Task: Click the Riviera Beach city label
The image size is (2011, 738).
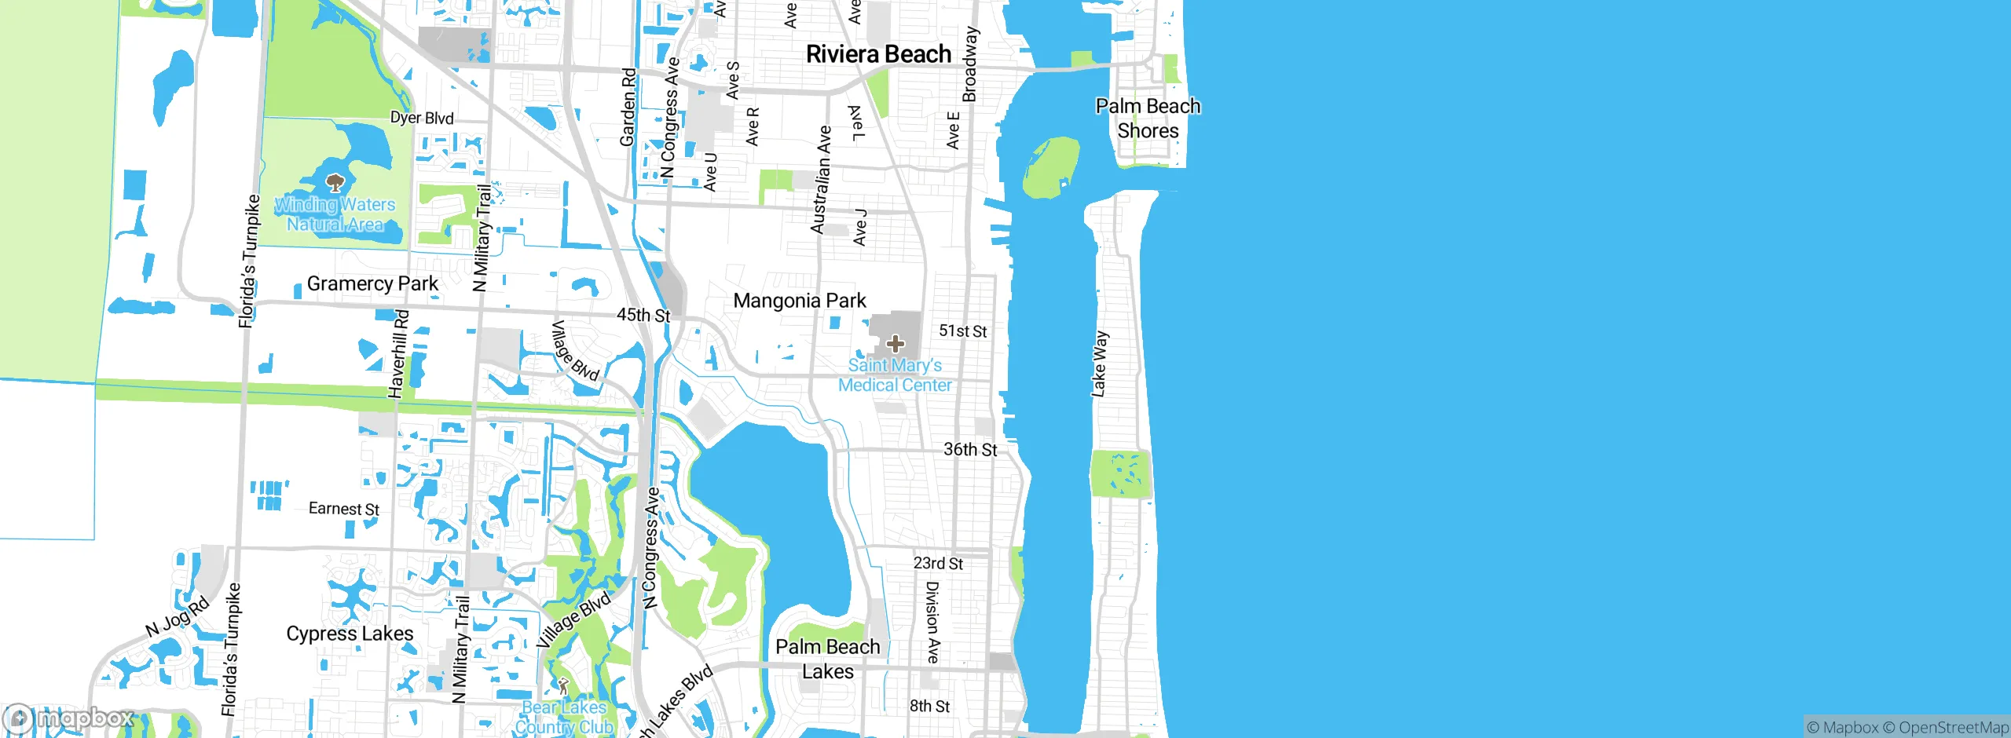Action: click(x=878, y=54)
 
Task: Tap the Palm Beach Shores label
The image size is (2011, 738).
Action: click(x=1148, y=119)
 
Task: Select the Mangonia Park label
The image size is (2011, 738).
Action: click(x=800, y=301)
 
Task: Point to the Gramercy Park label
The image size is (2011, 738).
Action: click(x=372, y=283)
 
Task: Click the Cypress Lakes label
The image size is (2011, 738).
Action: click(x=350, y=634)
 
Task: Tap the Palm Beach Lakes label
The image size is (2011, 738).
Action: click(x=827, y=659)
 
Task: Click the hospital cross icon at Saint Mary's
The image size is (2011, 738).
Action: click(x=895, y=344)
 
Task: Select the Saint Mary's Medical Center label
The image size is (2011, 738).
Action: click(x=895, y=375)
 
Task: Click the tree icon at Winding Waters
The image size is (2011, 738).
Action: click(x=335, y=184)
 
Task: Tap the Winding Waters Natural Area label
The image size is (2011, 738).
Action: click(x=335, y=214)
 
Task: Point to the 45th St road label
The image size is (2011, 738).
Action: click(x=643, y=315)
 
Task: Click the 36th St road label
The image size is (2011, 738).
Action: click(x=970, y=450)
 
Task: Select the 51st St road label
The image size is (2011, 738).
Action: click(x=963, y=331)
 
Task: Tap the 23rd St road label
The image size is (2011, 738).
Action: click(x=938, y=563)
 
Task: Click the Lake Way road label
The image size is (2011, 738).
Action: click(x=1099, y=364)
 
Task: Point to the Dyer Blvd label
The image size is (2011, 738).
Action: click(x=422, y=118)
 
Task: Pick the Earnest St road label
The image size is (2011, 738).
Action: click(x=344, y=509)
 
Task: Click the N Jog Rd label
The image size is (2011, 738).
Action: click(x=178, y=616)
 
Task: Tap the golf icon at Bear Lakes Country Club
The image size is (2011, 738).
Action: click(x=563, y=685)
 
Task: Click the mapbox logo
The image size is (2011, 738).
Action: click(x=69, y=718)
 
